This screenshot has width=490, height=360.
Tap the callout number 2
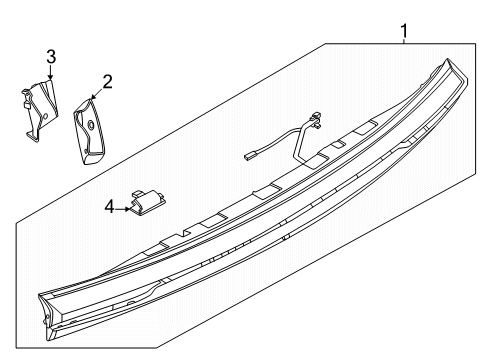point(106,80)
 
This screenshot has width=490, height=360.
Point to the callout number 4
point(110,208)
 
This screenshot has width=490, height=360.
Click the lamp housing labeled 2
point(88,128)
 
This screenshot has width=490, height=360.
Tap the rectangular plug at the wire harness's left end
point(251,156)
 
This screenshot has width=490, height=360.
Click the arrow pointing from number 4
point(124,208)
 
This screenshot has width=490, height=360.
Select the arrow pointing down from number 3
point(50,74)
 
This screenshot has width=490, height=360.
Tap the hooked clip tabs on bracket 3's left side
point(24,100)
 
